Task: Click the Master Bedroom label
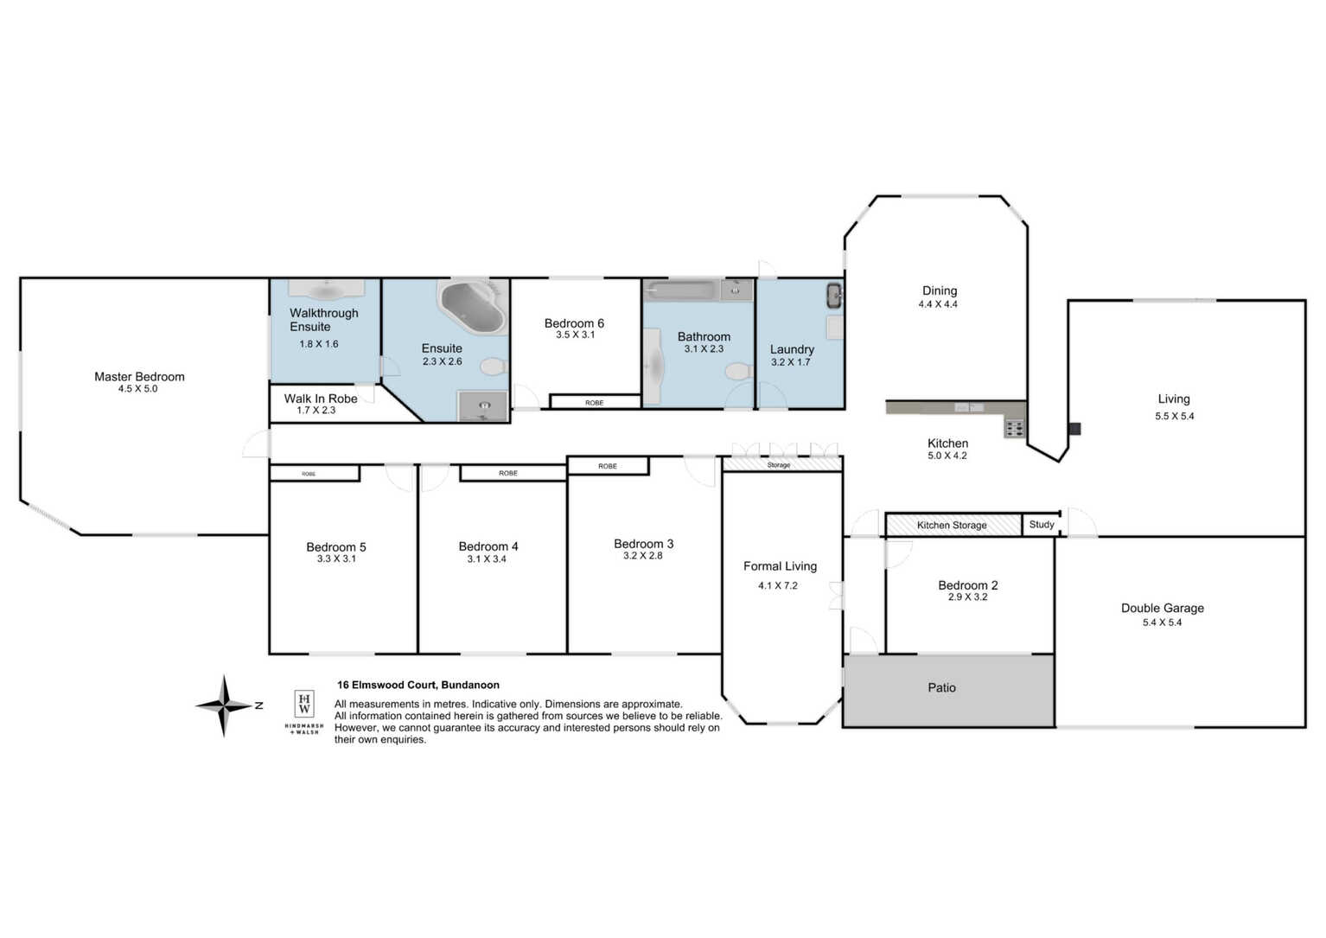pos(139,377)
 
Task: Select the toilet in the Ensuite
pos(493,367)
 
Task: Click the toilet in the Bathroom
pos(739,372)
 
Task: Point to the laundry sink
pos(835,296)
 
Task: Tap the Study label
pos(1042,525)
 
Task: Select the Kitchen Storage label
pos(952,526)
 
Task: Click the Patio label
pos(941,687)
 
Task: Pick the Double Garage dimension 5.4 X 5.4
pos(1162,622)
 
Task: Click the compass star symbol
pos(224,705)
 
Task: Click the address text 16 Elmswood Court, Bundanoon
pos(418,686)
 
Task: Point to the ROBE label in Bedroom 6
pos(595,403)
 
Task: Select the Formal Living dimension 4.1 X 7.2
pos(778,585)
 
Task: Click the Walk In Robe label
pos(320,399)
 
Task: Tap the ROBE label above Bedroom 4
pos(508,473)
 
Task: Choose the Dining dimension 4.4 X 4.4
pos(938,304)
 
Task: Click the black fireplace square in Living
pos(1074,429)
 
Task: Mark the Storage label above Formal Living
pos(779,465)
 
